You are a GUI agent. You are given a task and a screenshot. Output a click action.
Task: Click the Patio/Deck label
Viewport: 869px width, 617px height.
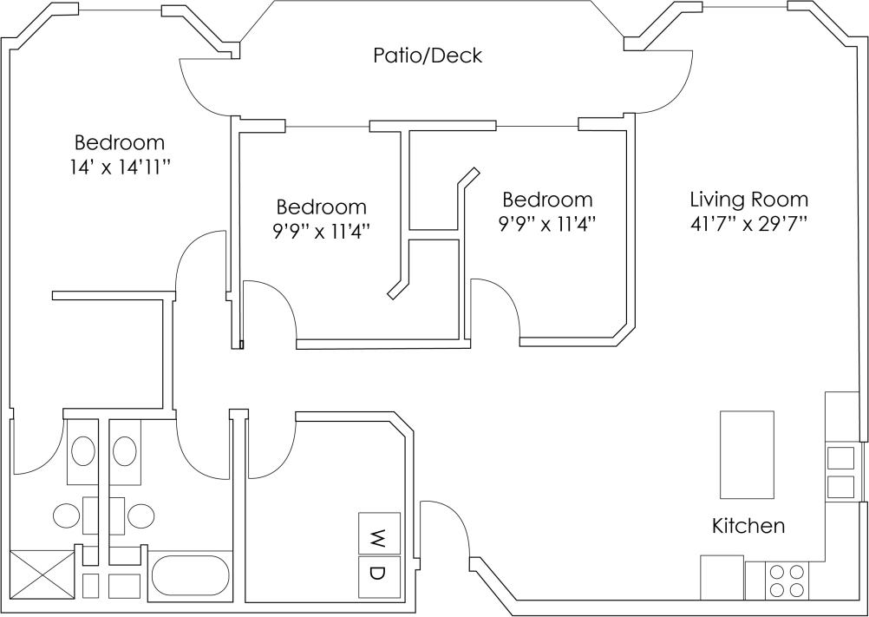point(427,56)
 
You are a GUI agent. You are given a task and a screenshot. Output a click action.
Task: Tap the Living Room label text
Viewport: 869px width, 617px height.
point(748,200)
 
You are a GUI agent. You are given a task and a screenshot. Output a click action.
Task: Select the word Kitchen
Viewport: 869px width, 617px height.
point(748,526)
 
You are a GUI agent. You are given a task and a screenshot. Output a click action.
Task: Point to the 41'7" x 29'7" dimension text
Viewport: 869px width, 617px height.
point(748,224)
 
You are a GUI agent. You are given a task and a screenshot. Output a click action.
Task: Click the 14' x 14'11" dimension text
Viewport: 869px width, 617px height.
point(119,167)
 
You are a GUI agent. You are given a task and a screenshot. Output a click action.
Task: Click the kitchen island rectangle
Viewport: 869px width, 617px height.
point(747,454)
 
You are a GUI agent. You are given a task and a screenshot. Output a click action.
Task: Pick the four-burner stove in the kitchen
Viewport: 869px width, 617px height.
point(787,581)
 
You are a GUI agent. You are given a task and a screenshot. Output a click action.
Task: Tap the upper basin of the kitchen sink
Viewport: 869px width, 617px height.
point(840,457)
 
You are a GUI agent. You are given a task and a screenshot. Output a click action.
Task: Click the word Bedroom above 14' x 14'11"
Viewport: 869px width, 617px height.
point(119,142)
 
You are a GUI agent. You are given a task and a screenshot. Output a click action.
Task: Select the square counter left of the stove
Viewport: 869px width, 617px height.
point(722,577)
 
